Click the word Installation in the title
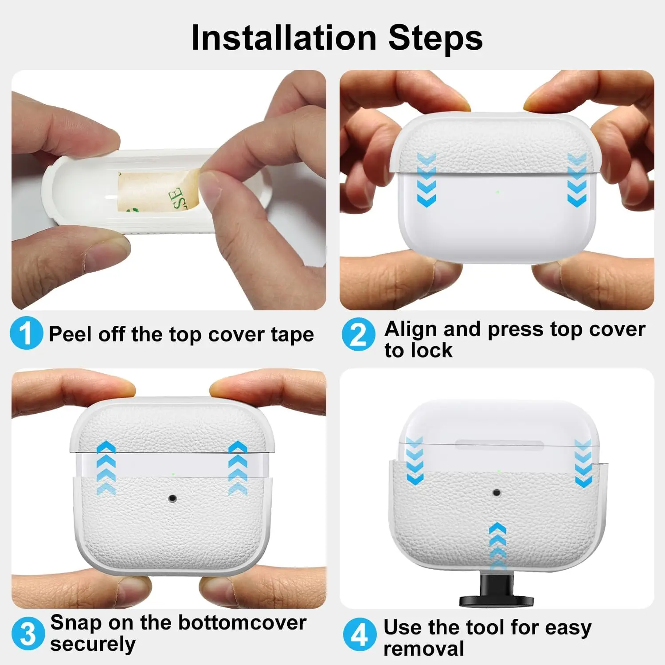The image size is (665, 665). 284,38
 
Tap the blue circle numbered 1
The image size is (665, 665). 27,333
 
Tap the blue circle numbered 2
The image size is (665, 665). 358,335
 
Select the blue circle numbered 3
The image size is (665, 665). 28,634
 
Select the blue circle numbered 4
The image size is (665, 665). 360,634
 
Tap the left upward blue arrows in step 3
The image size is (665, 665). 106,468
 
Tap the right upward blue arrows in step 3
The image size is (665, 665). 238,468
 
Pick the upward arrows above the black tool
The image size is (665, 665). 497,545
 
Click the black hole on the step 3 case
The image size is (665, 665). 173,498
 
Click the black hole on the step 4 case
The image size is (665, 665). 497,493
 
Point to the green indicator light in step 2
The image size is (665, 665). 497,192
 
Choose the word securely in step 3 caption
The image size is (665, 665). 93,644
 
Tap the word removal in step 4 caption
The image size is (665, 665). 423,649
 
